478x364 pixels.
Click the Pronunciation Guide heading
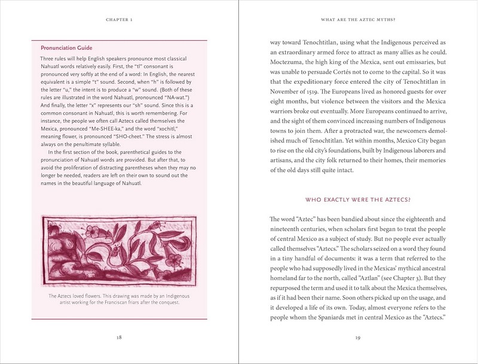click(x=67, y=47)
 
